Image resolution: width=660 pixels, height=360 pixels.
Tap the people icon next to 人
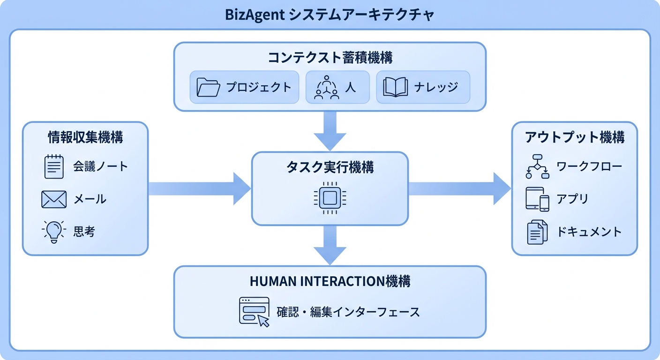point(326,87)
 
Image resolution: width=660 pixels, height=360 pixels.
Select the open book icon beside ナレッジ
point(396,87)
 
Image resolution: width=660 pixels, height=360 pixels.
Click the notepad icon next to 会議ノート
point(54,166)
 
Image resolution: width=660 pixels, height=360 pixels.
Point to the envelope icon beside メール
point(54,200)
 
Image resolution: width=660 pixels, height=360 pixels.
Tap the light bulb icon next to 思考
point(54,232)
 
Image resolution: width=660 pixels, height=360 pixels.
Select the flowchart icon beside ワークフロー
point(537,166)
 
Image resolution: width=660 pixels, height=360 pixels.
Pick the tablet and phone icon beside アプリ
point(537,200)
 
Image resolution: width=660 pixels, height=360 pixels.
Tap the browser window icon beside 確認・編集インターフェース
point(254,311)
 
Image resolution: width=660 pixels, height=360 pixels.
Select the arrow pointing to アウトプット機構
point(459,188)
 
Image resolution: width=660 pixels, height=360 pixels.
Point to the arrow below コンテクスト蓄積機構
point(330,131)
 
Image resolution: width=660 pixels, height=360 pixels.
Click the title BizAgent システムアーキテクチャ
point(330,15)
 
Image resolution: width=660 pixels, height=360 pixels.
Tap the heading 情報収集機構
point(85,137)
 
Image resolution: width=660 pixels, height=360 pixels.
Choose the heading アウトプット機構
point(574,137)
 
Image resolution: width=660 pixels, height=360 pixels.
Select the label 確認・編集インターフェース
point(348,312)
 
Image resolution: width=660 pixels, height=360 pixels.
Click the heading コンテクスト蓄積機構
point(330,58)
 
